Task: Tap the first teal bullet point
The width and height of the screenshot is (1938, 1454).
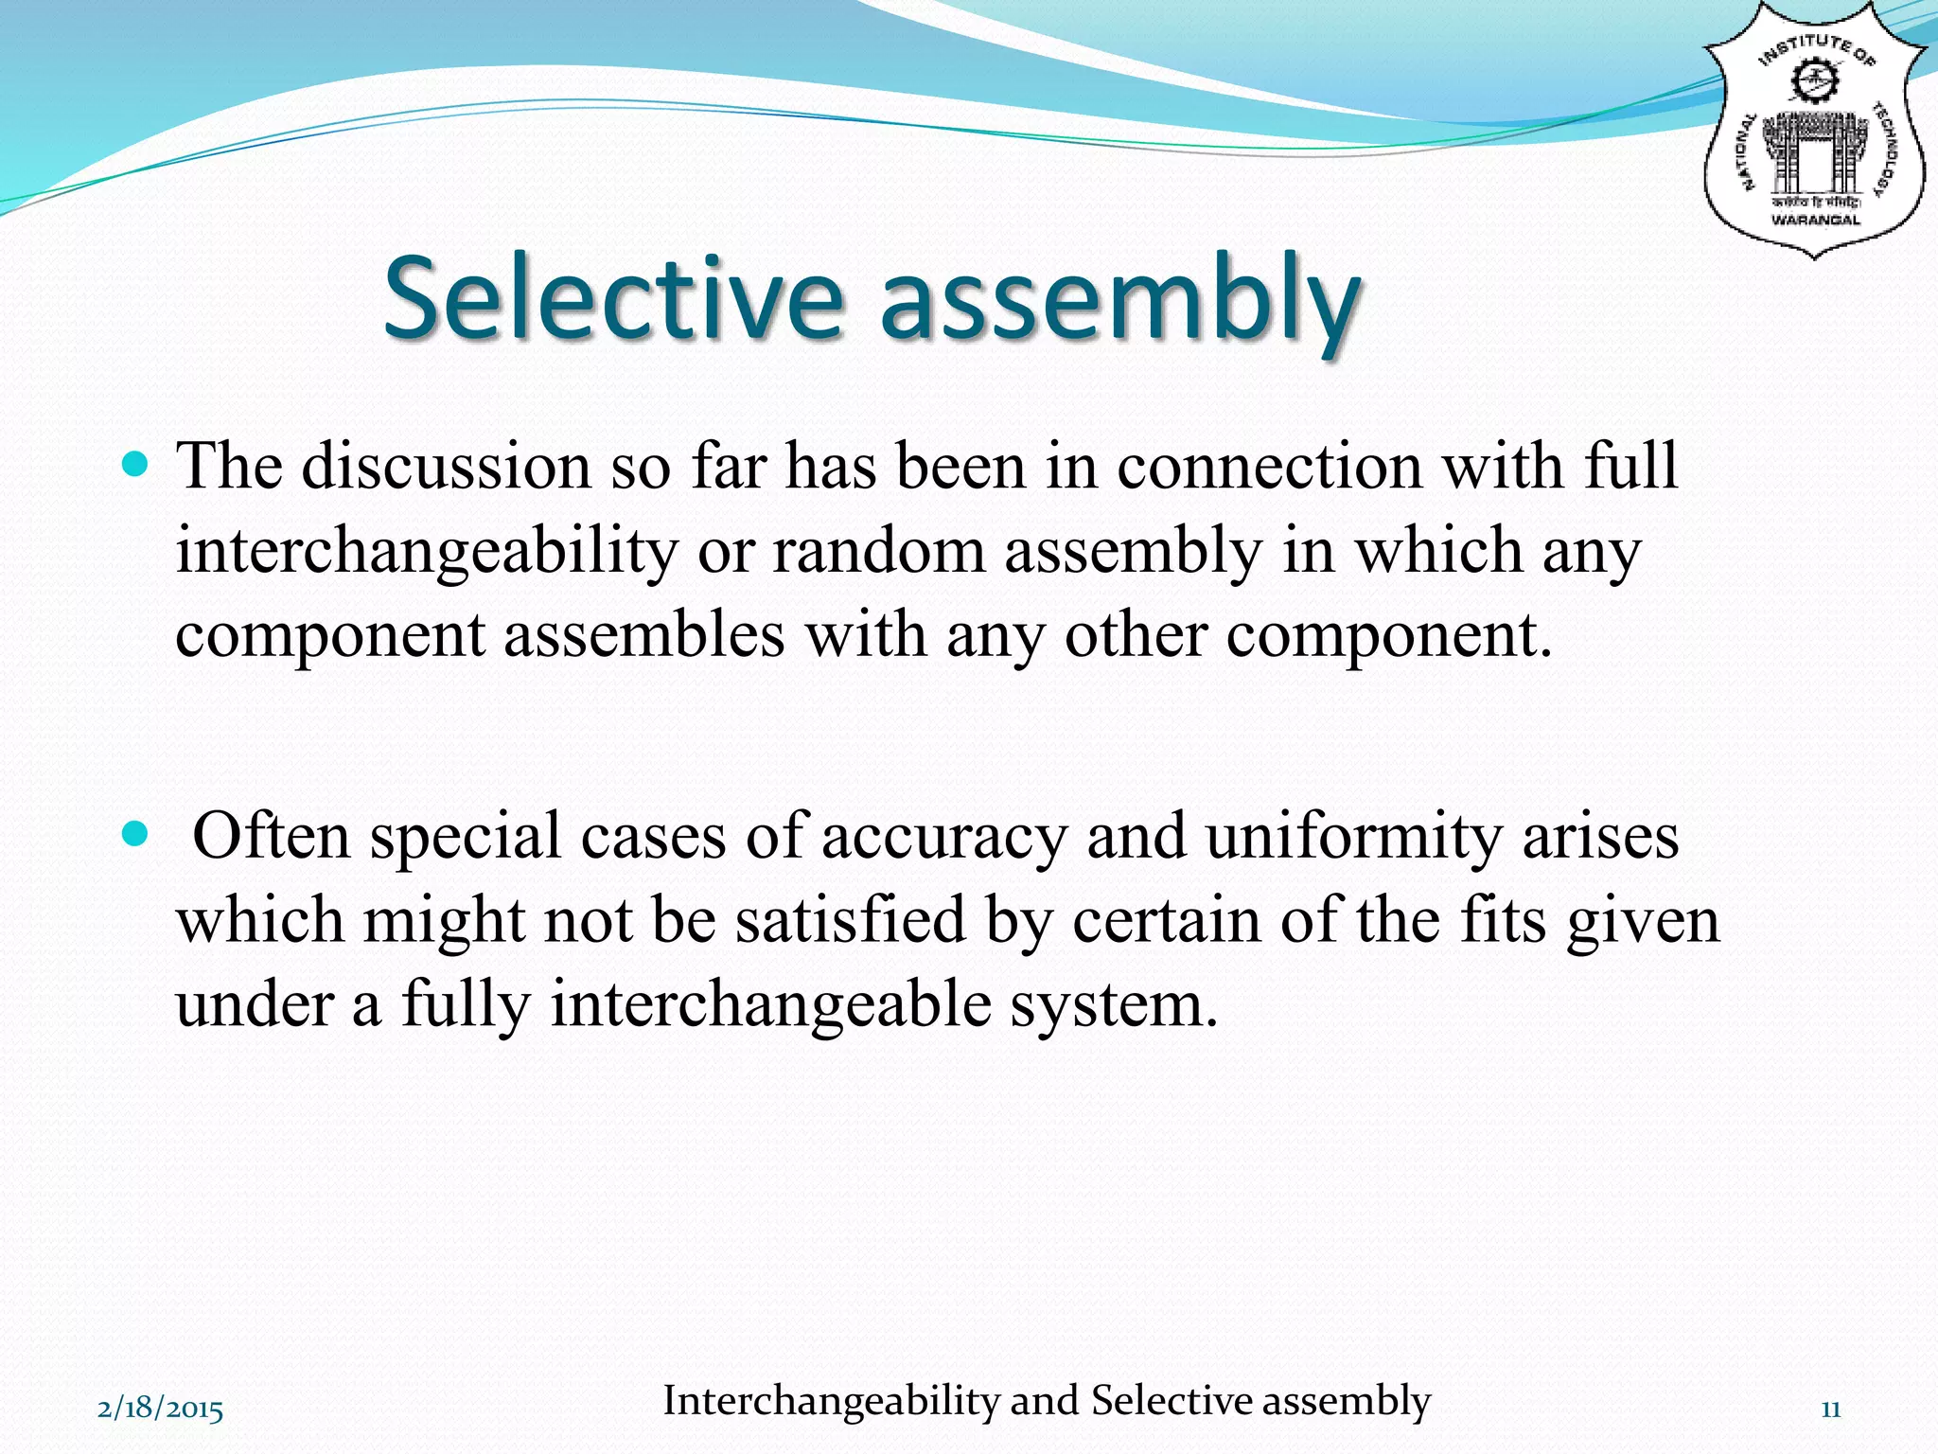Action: point(136,465)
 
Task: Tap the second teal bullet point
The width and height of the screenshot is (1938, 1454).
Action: point(136,834)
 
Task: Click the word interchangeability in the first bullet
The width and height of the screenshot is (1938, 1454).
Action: point(427,551)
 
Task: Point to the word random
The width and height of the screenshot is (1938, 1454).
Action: point(878,551)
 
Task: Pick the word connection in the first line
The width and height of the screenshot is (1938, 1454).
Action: point(1269,467)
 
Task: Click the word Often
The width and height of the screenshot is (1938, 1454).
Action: point(271,836)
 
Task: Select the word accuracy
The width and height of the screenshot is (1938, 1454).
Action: point(943,838)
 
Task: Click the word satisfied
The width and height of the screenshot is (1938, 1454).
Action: point(850,920)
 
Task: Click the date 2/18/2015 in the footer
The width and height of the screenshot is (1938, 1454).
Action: point(160,1410)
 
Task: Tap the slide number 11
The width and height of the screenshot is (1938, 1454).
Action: point(1830,1410)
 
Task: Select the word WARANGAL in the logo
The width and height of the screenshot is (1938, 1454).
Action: point(1815,221)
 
